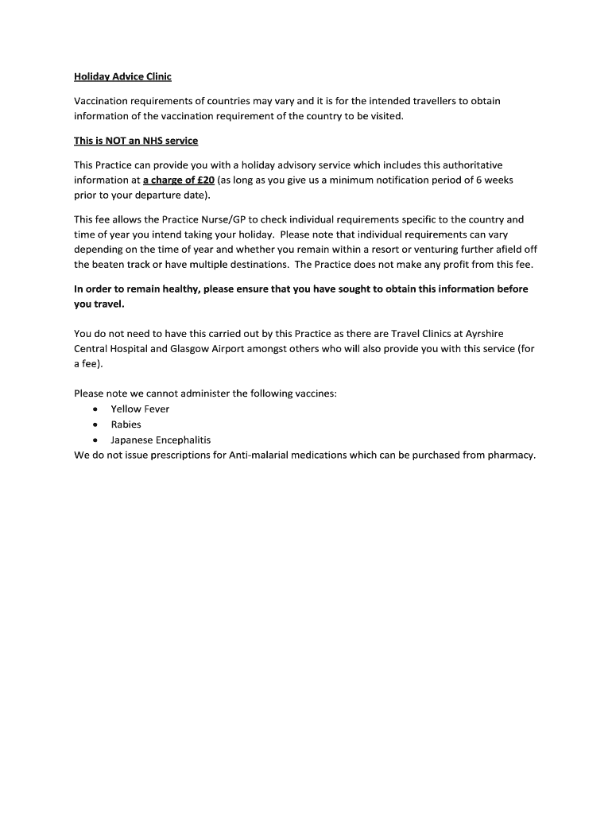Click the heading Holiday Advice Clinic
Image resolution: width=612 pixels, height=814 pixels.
pyautogui.click(x=122, y=77)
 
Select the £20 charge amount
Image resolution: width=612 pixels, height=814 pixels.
pyautogui.click(x=205, y=180)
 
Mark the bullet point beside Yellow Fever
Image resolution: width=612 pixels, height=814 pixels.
pyautogui.click(x=95, y=409)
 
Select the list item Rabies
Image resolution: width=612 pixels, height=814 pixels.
pyautogui.click(x=126, y=424)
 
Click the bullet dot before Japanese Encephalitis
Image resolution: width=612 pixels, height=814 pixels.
pyautogui.click(x=95, y=440)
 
